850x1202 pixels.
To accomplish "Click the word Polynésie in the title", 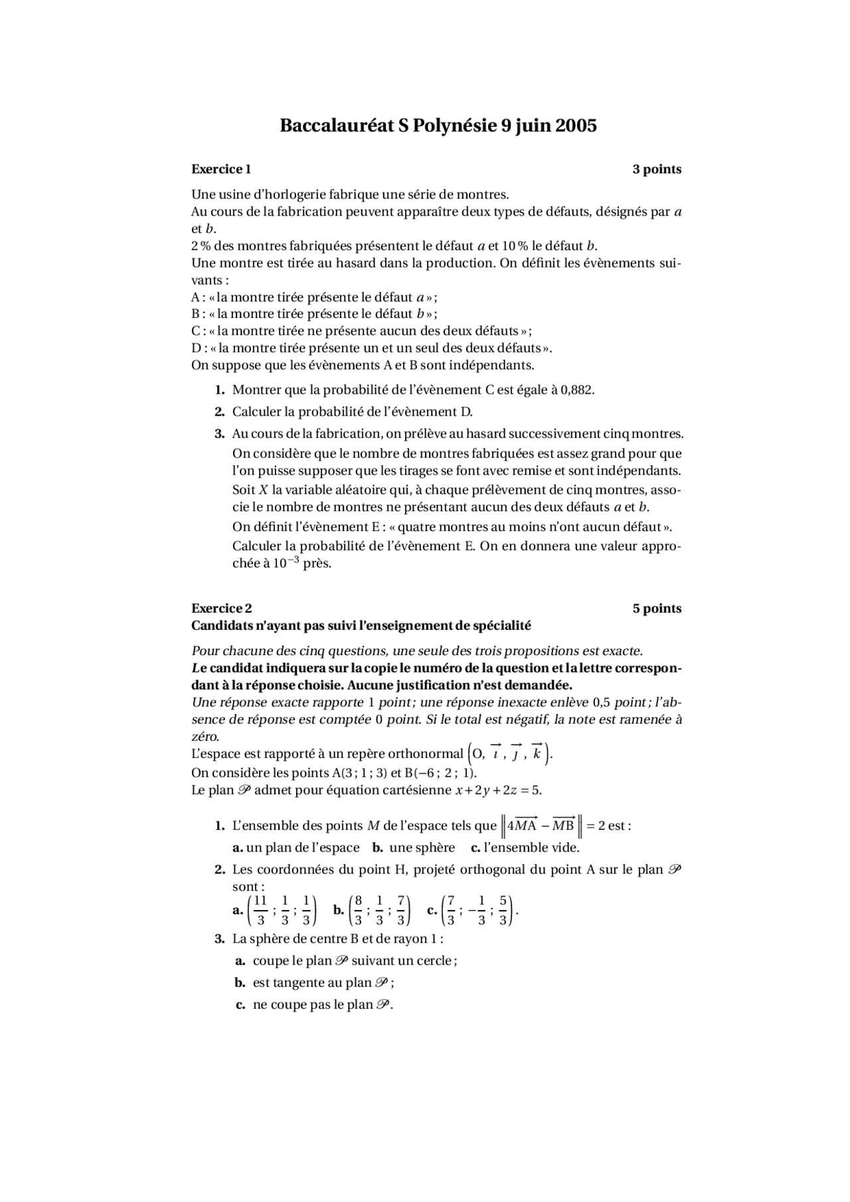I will pos(454,125).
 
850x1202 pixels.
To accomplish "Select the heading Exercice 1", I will pos(221,169).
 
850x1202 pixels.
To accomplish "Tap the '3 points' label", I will pos(657,169).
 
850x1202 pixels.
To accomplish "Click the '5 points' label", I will pos(657,609).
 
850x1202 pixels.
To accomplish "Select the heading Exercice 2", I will pos(221,609).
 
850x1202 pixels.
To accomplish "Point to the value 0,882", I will pos(576,390).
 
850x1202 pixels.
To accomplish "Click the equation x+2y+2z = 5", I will pos(498,790).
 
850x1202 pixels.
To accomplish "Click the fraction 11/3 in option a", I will pos(260,911).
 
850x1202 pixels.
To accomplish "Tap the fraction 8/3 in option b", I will pos(358,911).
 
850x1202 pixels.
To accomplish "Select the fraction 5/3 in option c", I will pos(503,911).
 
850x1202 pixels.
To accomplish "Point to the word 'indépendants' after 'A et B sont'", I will pos(491,365).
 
